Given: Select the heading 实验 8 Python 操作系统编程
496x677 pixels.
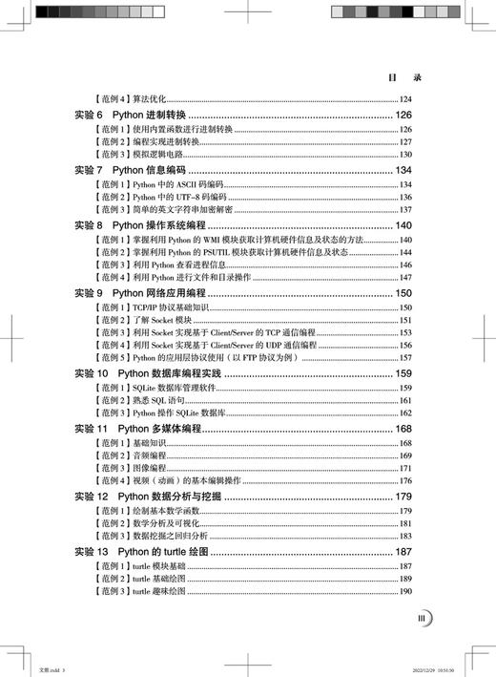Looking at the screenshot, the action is (x=146, y=225).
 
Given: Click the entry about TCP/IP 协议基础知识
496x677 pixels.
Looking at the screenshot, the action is (x=157, y=308).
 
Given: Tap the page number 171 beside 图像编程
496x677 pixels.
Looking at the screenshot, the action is (x=404, y=469).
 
